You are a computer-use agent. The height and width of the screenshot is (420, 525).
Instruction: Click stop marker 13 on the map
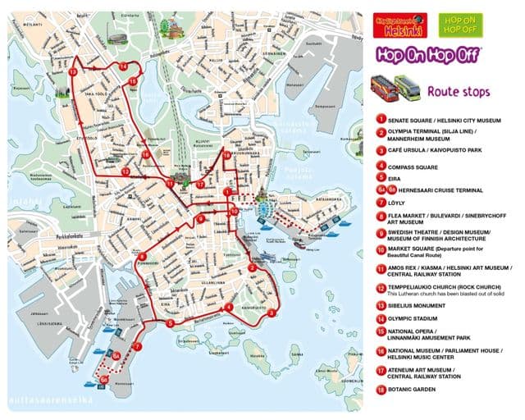coord(73,72)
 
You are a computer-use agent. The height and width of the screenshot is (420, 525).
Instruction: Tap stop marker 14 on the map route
coord(122,66)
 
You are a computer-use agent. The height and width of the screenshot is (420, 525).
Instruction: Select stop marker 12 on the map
coord(125,171)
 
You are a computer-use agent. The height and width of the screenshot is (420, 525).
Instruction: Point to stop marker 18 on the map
coord(226,155)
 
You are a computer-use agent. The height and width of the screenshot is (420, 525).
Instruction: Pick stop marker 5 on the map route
coord(170,323)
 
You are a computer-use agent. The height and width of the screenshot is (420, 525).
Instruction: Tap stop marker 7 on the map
coord(137,346)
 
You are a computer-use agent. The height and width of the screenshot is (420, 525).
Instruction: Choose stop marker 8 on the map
coord(143,256)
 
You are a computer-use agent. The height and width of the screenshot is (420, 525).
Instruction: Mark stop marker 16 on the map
coord(145,154)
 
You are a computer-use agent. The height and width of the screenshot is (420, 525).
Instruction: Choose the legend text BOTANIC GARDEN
coord(418,388)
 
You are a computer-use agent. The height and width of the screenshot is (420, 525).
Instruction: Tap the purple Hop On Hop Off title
coord(428,54)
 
